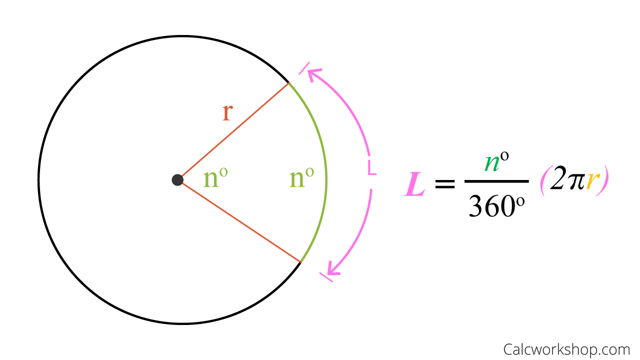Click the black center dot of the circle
177,180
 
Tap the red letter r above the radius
227,112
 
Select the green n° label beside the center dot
215,177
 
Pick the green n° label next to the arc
301,177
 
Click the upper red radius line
235,129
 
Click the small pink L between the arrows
371,167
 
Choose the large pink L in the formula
415,184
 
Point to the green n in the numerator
492,163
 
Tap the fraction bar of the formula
496,181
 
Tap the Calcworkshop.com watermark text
566,349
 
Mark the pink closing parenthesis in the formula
603,180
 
